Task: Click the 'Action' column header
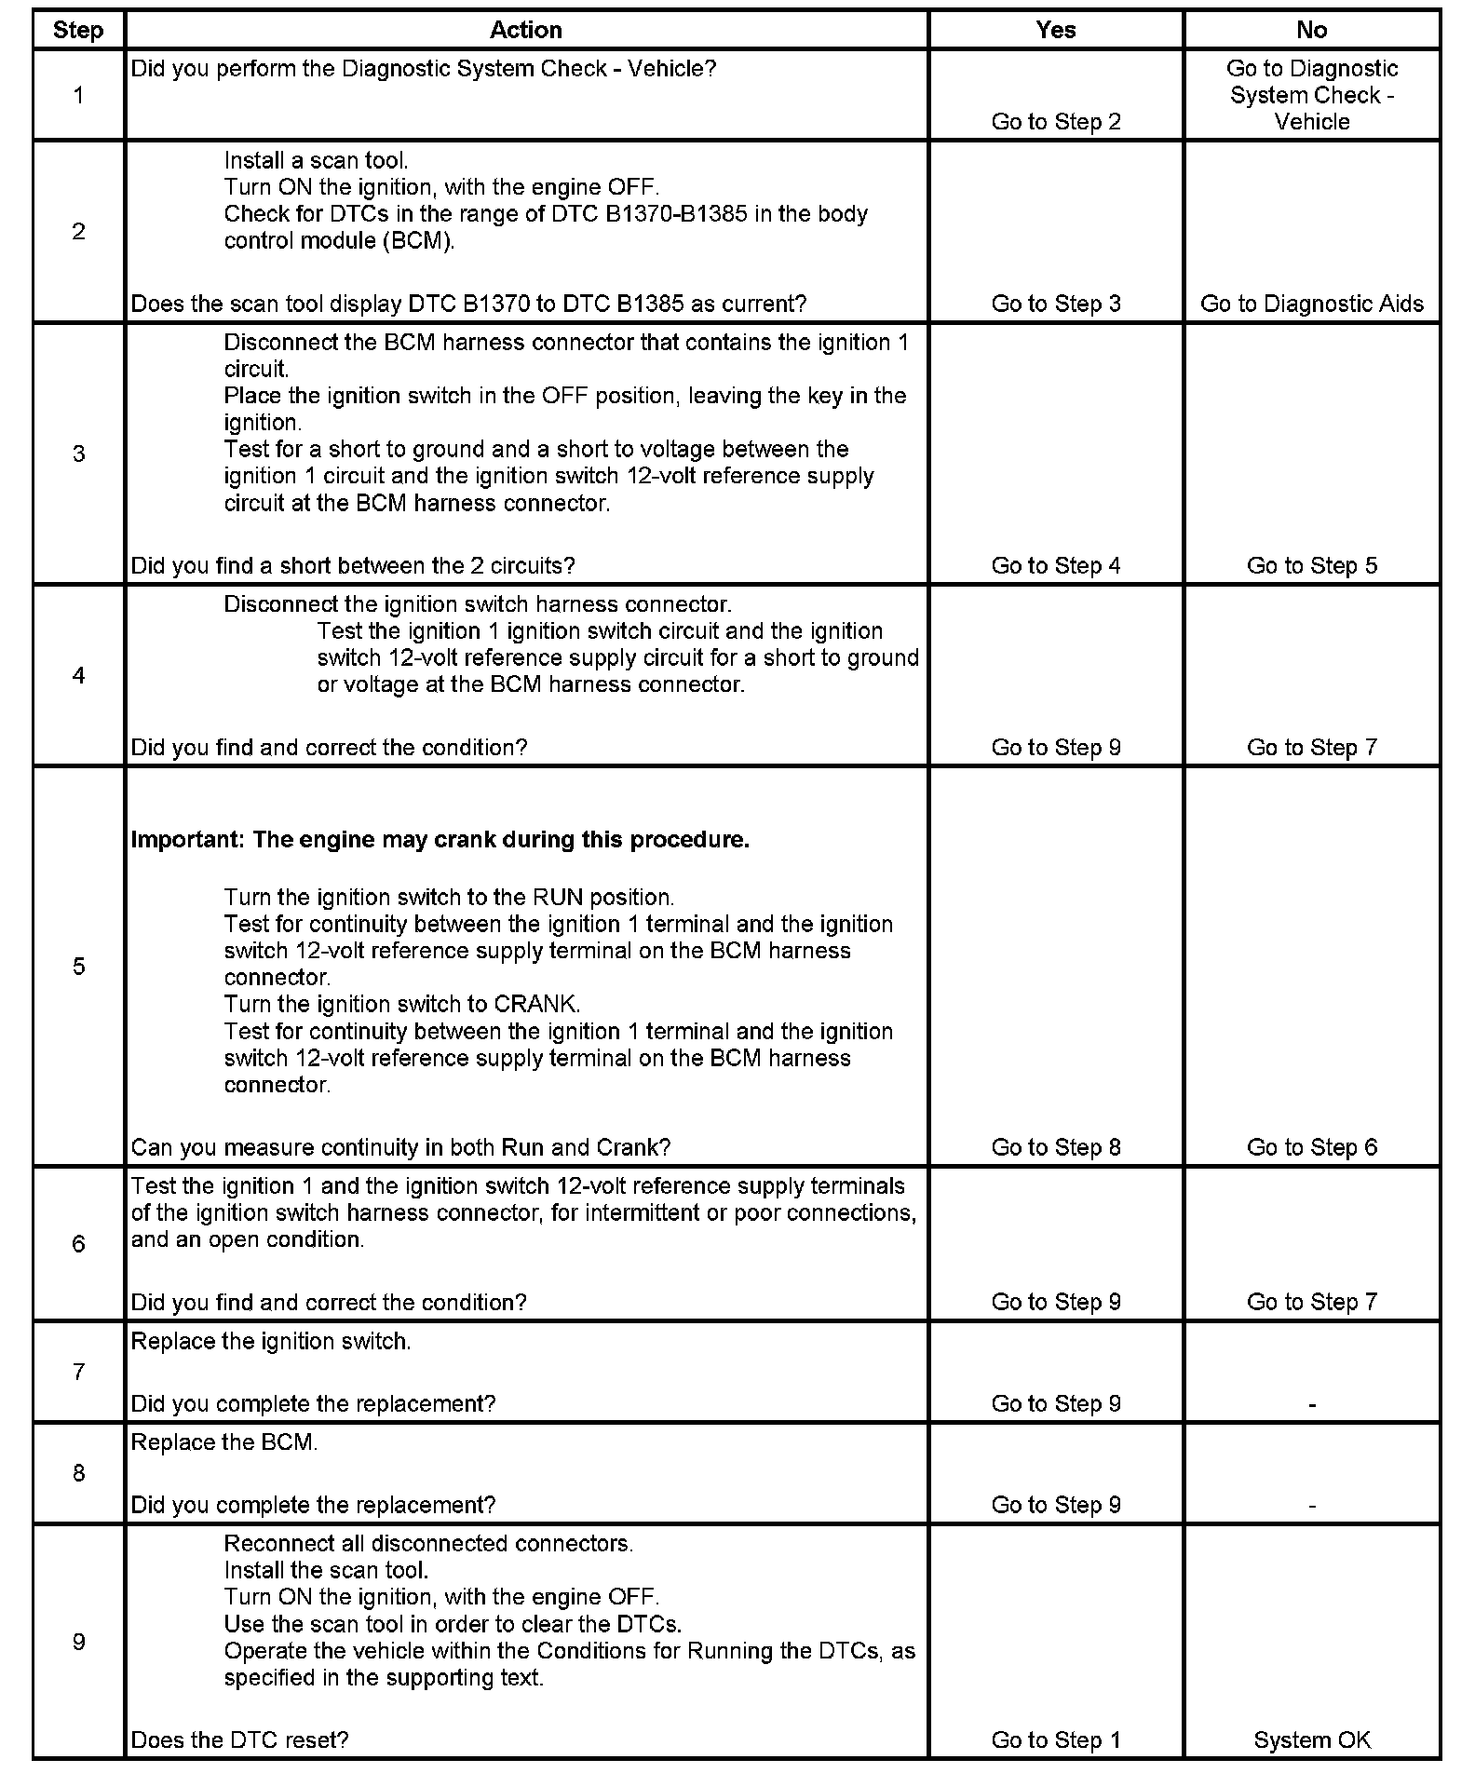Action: [526, 30]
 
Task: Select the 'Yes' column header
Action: [1056, 30]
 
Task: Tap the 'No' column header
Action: [1311, 30]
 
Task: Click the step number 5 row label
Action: [79, 966]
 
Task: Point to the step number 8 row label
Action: [79, 1472]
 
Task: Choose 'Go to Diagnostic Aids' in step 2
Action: [1311, 304]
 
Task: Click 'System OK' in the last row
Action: [1311, 1739]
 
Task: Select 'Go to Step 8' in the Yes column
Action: [1056, 1147]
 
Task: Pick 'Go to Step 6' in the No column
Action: [1311, 1147]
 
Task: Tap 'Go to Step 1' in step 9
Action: [1056, 1739]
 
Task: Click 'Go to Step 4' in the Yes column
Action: [1056, 565]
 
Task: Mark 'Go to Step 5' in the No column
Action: [1311, 565]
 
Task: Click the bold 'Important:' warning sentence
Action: [440, 839]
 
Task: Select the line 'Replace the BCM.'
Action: [224, 1442]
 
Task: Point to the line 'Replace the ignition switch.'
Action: [271, 1341]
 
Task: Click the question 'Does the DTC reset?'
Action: [239, 1739]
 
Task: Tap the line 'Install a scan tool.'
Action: [316, 160]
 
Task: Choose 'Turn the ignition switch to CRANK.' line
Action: [402, 1004]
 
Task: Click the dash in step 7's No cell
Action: [1311, 1403]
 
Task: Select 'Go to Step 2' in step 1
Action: [1056, 122]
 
